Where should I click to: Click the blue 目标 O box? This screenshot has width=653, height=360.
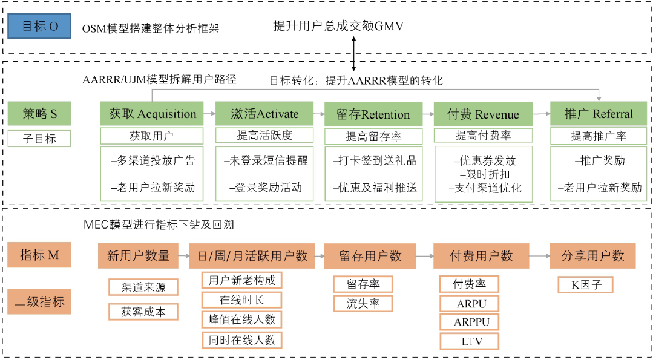click(x=41, y=27)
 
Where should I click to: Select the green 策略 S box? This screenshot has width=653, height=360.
click(x=39, y=114)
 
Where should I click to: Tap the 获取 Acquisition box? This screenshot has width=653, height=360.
click(x=152, y=114)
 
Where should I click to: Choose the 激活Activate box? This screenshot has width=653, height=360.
click(x=264, y=114)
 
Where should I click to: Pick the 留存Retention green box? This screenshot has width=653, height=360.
click(x=373, y=114)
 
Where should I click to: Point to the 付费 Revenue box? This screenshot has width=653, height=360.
click(x=483, y=114)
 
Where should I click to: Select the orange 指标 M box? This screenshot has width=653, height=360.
click(x=39, y=255)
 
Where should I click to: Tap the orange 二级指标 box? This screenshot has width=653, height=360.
click(x=39, y=301)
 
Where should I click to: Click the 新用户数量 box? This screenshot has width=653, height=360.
click(x=138, y=256)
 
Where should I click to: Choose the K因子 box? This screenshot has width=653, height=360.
click(x=586, y=284)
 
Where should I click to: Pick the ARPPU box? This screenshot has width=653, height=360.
click(x=469, y=321)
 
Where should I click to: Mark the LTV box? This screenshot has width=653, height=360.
click(x=469, y=341)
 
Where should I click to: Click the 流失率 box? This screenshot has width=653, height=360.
click(x=363, y=303)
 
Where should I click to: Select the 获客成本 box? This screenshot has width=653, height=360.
click(x=143, y=312)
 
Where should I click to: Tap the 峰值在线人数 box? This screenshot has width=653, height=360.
click(x=241, y=319)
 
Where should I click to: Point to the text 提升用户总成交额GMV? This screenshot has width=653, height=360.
click(x=338, y=26)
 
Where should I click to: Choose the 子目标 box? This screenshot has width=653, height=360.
click(x=39, y=139)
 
